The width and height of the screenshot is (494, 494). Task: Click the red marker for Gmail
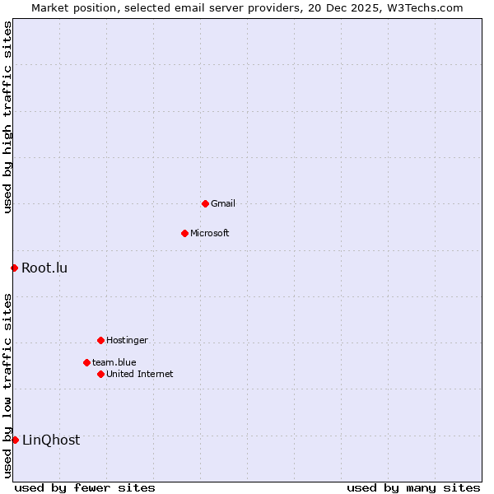[205, 203]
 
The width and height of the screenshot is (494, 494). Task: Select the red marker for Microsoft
[184, 233]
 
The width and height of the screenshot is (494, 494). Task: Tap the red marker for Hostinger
[100, 340]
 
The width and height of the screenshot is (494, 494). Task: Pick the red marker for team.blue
[86, 362]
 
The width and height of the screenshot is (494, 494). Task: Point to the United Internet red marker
[100, 374]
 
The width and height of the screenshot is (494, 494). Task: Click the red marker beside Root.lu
[14, 268]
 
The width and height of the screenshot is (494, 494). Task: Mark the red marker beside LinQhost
[15, 440]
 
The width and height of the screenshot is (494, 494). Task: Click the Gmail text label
[223, 203]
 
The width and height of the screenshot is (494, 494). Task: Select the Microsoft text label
[210, 233]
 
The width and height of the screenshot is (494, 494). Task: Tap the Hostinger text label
[127, 340]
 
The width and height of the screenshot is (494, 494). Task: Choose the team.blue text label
[114, 362]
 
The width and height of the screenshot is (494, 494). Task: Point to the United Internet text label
[140, 374]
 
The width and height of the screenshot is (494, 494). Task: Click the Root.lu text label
[44, 268]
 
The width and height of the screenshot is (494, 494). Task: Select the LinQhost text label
[51, 440]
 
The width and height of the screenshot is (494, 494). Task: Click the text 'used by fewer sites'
[85, 487]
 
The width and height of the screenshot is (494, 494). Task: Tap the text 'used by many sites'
[413, 487]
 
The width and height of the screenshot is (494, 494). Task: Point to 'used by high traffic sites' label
[8, 118]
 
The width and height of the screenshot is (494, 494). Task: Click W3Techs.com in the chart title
[424, 7]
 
